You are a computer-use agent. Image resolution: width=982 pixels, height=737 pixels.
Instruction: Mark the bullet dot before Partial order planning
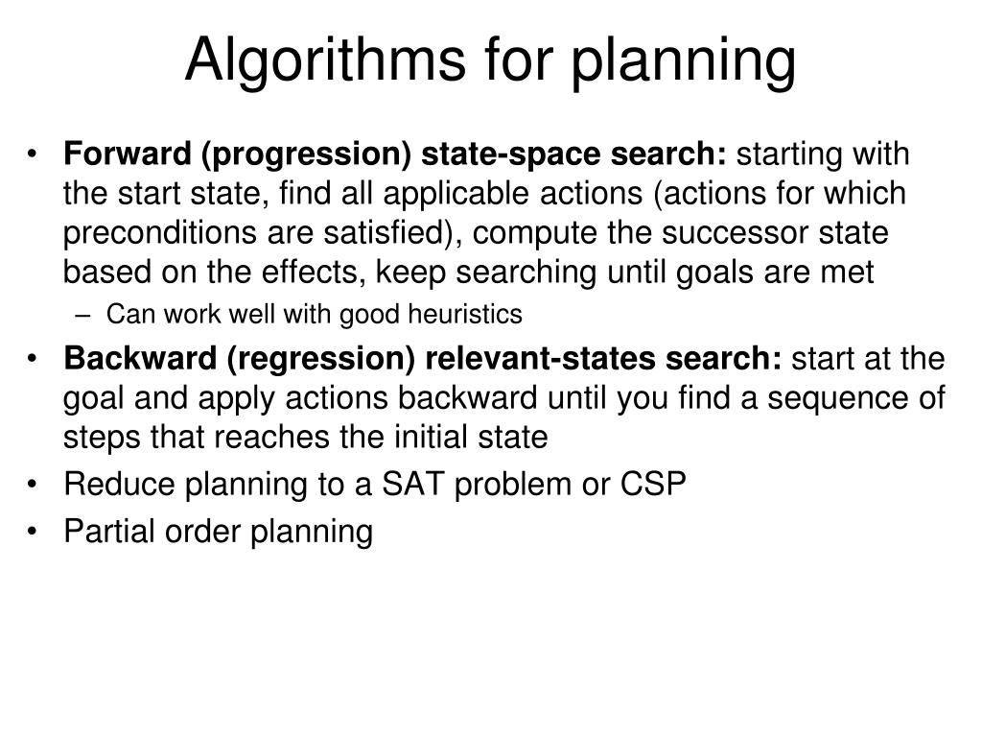[35, 531]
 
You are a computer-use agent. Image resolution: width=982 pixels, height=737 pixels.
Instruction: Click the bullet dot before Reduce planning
[35, 485]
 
